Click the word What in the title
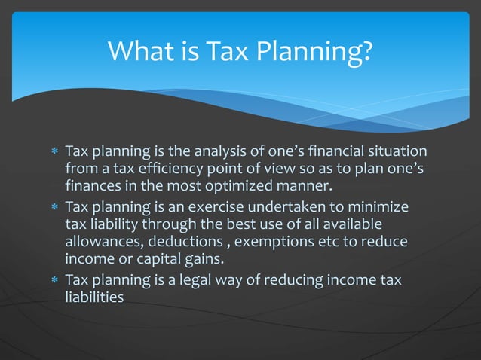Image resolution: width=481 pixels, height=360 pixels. tap(139, 52)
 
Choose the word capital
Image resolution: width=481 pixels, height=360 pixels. tap(167, 259)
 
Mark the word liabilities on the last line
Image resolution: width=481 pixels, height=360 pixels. tap(93, 297)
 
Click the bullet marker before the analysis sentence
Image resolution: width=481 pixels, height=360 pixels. tap(54, 151)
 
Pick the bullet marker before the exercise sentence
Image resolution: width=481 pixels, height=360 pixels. tap(54, 208)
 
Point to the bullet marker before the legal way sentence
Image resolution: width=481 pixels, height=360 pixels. tap(54, 281)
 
